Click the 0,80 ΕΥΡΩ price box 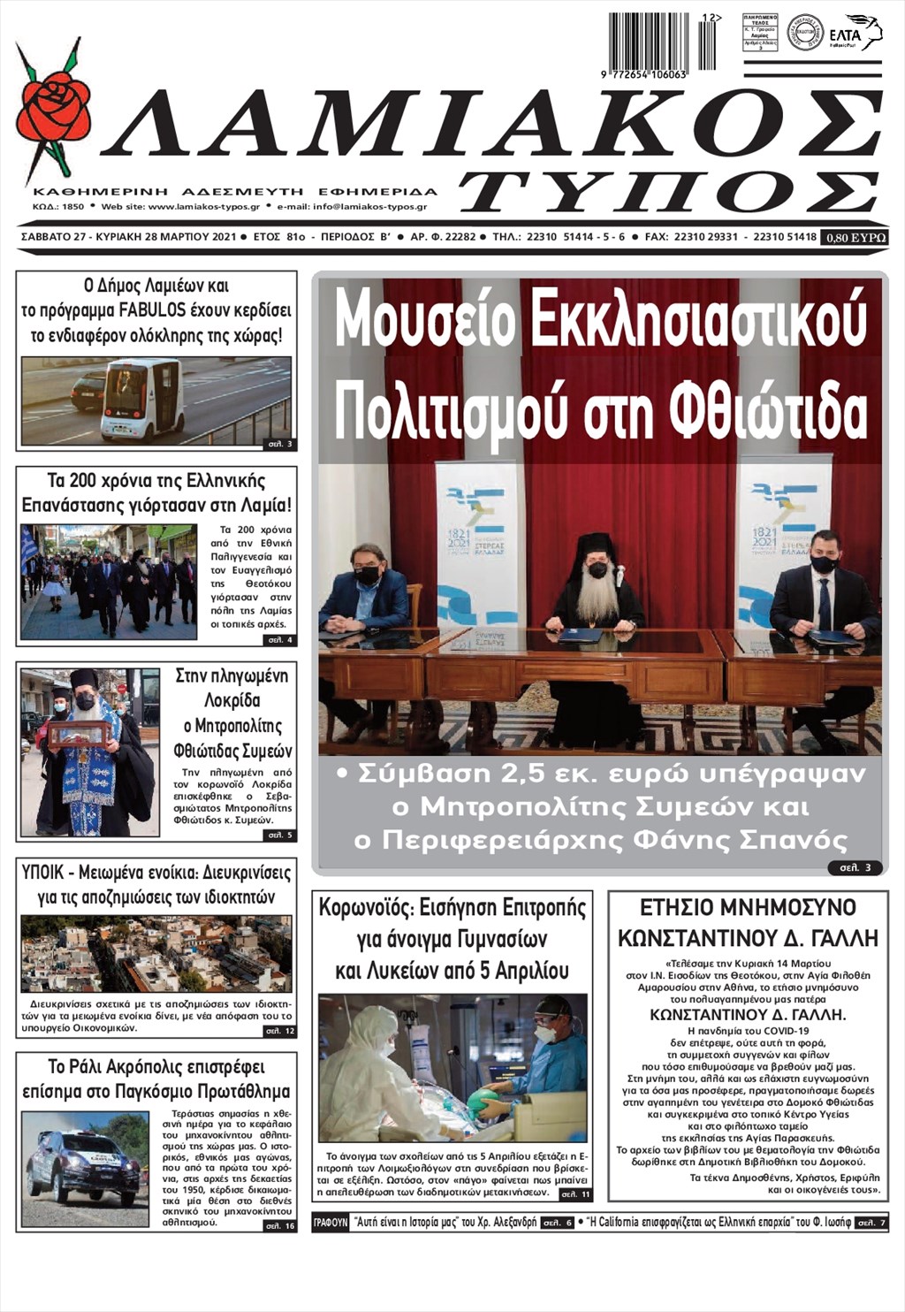(x=854, y=237)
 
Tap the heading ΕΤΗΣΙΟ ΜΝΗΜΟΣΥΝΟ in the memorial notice (x=748, y=908)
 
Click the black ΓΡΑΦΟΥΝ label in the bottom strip (x=330, y=1224)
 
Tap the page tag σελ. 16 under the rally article (x=281, y=1225)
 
